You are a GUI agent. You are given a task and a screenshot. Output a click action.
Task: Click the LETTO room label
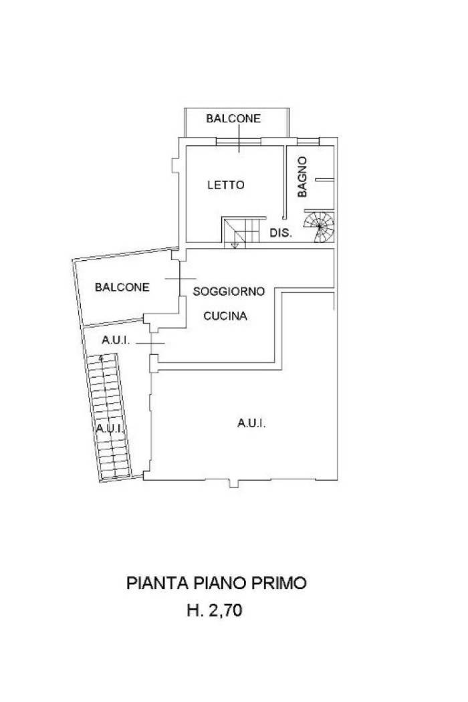(x=226, y=185)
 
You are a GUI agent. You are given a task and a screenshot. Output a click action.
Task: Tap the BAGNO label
(x=302, y=177)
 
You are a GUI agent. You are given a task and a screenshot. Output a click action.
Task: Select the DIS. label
(x=281, y=233)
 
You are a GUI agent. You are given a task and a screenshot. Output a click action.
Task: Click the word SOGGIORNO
(x=229, y=291)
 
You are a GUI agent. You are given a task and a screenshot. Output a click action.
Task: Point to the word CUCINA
(x=225, y=316)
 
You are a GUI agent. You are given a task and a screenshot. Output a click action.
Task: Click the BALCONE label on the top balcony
(x=233, y=118)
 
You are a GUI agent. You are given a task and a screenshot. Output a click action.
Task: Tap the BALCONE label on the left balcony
(x=122, y=287)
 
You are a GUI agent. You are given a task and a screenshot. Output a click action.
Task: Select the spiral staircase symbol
(x=320, y=227)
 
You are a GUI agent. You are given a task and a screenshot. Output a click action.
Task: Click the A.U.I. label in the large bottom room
(x=251, y=423)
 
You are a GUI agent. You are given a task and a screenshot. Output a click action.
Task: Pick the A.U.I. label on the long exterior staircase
(x=110, y=429)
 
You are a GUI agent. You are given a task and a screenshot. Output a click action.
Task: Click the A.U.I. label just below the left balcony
(x=116, y=340)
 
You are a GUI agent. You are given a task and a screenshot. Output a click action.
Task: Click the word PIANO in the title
(x=220, y=583)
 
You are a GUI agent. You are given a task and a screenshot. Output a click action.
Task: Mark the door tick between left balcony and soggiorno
(x=180, y=279)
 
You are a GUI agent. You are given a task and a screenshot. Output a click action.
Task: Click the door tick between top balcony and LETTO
(x=239, y=138)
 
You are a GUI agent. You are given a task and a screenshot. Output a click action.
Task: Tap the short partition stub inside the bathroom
(x=325, y=180)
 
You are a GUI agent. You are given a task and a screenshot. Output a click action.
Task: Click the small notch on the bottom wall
(x=234, y=483)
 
